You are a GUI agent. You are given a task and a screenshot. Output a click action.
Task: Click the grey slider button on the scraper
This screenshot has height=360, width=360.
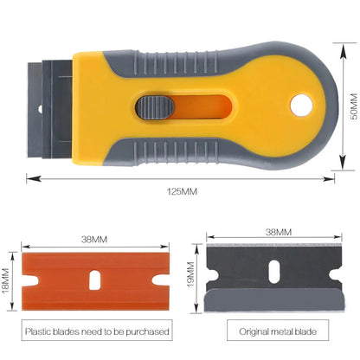[155, 107]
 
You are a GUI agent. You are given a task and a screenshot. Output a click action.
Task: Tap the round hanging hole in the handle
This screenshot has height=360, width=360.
[301, 105]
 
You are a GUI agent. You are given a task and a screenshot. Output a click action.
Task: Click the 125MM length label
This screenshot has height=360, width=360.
[182, 191]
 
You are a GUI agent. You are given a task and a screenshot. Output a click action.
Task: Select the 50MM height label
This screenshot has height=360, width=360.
[354, 106]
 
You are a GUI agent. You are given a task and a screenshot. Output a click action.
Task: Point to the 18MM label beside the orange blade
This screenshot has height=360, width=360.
[6, 281]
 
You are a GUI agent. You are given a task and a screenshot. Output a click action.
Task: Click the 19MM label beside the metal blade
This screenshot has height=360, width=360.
[190, 274]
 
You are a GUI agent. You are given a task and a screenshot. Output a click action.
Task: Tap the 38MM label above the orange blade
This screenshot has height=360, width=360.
[94, 240]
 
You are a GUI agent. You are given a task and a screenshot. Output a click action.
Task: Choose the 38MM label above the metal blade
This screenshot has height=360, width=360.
[279, 232]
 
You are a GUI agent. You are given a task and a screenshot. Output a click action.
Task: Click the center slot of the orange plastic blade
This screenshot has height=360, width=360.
[94, 280]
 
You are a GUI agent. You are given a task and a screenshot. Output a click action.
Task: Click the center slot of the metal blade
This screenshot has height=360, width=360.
[274, 272]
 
